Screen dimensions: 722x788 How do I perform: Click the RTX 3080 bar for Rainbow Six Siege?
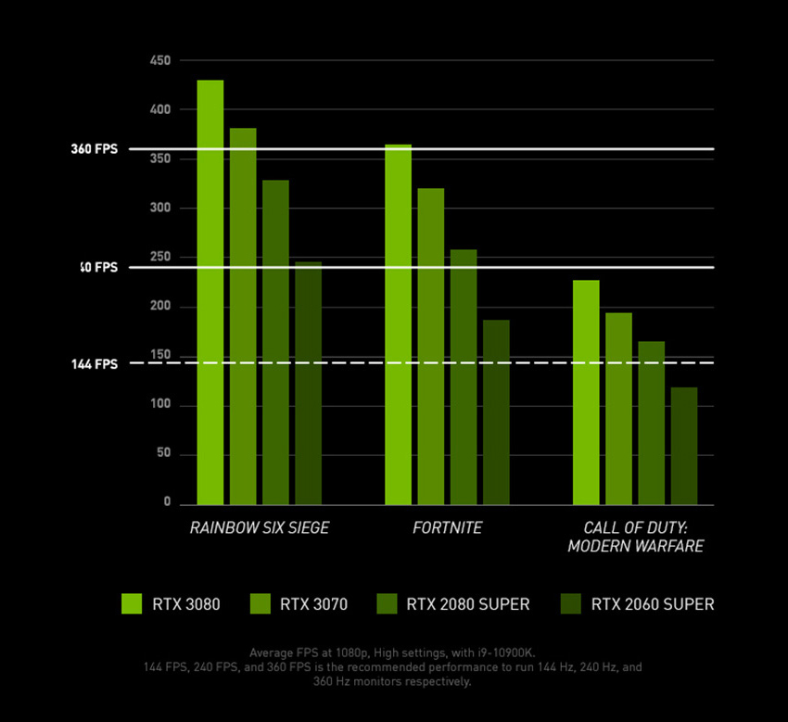coord(210,292)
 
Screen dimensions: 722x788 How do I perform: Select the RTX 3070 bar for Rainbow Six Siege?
coord(243,316)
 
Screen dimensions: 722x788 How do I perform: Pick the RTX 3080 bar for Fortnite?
coord(398,324)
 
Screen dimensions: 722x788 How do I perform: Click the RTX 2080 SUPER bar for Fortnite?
coord(464,376)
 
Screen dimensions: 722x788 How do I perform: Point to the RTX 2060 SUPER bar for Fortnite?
coord(496,412)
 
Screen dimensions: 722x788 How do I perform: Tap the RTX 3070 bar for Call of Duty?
coord(618,409)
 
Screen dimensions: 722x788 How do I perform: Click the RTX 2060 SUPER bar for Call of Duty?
coord(684,446)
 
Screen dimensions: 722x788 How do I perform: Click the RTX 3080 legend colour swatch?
coord(132,603)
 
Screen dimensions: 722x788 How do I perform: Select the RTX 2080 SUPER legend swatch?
coord(387,603)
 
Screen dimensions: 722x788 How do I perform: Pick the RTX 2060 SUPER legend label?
coord(653,604)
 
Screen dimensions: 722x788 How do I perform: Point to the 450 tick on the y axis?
coord(160,61)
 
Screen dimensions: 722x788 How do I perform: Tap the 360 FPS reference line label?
coord(95,148)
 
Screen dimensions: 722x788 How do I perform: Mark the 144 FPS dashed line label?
coord(95,364)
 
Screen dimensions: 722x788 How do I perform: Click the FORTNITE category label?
coord(448,527)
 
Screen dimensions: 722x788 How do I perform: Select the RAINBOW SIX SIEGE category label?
coord(260,527)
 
